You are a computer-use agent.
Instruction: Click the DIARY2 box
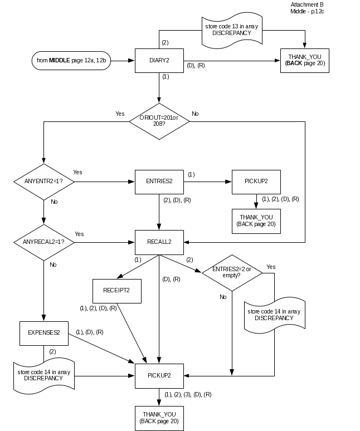coord(159,60)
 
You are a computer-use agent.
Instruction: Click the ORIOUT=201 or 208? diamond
coord(159,120)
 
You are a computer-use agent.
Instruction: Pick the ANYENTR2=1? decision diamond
coord(43,182)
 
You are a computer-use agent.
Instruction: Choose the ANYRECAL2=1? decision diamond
coord(43,242)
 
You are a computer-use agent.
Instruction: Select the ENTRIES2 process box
coord(159,182)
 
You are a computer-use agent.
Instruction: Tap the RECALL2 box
coord(159,242)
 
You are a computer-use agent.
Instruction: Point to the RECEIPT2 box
coord(116,291)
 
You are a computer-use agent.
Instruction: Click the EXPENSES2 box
coord(44,332)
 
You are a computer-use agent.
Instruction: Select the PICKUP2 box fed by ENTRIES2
coord(256,182)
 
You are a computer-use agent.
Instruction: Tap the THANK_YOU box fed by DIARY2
coord(305,60)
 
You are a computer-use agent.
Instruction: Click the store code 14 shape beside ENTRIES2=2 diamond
coord(274,315)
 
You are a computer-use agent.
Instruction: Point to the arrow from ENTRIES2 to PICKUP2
coord(207,182)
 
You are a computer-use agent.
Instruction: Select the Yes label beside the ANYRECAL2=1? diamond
coord(79,234)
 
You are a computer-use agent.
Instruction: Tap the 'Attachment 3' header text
coord(307,4)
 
